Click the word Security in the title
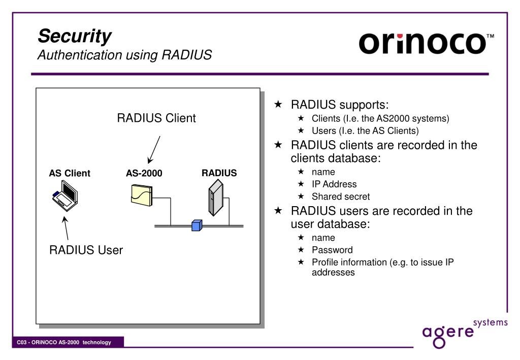75,36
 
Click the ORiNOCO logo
426,43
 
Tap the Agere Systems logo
465,333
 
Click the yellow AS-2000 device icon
142,195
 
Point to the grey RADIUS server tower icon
216,198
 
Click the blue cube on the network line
197,225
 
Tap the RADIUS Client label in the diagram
156,118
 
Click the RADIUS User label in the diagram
86,250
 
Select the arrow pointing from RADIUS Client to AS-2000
154,150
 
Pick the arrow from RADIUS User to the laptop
66,228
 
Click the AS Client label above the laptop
70,173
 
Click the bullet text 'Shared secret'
341,197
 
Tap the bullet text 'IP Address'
334,184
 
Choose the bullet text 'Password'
332,250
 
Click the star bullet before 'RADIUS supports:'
278,105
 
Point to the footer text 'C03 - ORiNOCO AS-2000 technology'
64,342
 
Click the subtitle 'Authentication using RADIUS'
125,55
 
